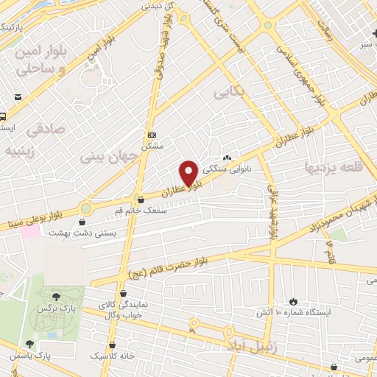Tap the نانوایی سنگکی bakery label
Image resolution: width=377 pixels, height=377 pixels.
click(250, 169)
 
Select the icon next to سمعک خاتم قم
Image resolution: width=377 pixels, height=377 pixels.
click(141, 200)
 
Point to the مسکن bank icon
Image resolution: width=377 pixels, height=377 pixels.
click(152, 135)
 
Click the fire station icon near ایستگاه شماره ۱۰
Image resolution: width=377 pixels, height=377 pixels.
click(293, 301)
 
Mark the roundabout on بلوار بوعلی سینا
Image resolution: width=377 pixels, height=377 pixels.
click(86, 208)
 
